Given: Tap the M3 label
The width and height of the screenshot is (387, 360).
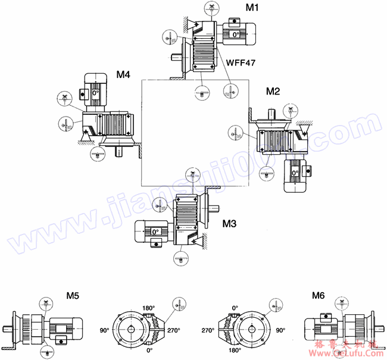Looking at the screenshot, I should pos(229,224).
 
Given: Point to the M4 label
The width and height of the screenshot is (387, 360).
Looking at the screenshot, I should pos(123,75).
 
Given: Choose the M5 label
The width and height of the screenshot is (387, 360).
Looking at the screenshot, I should pos(73,295).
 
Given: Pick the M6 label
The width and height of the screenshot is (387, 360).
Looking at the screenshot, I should pos(319,295).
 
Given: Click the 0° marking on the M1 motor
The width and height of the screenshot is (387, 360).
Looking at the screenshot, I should pos(236,35).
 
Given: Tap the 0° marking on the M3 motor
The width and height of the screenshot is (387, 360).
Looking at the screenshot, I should pos(154,231).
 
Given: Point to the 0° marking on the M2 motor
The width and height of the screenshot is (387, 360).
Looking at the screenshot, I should pos(294,173).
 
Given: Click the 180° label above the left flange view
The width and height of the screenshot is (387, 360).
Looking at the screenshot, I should pos(148,308).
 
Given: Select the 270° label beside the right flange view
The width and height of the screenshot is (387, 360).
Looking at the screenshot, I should pos(208,329).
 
